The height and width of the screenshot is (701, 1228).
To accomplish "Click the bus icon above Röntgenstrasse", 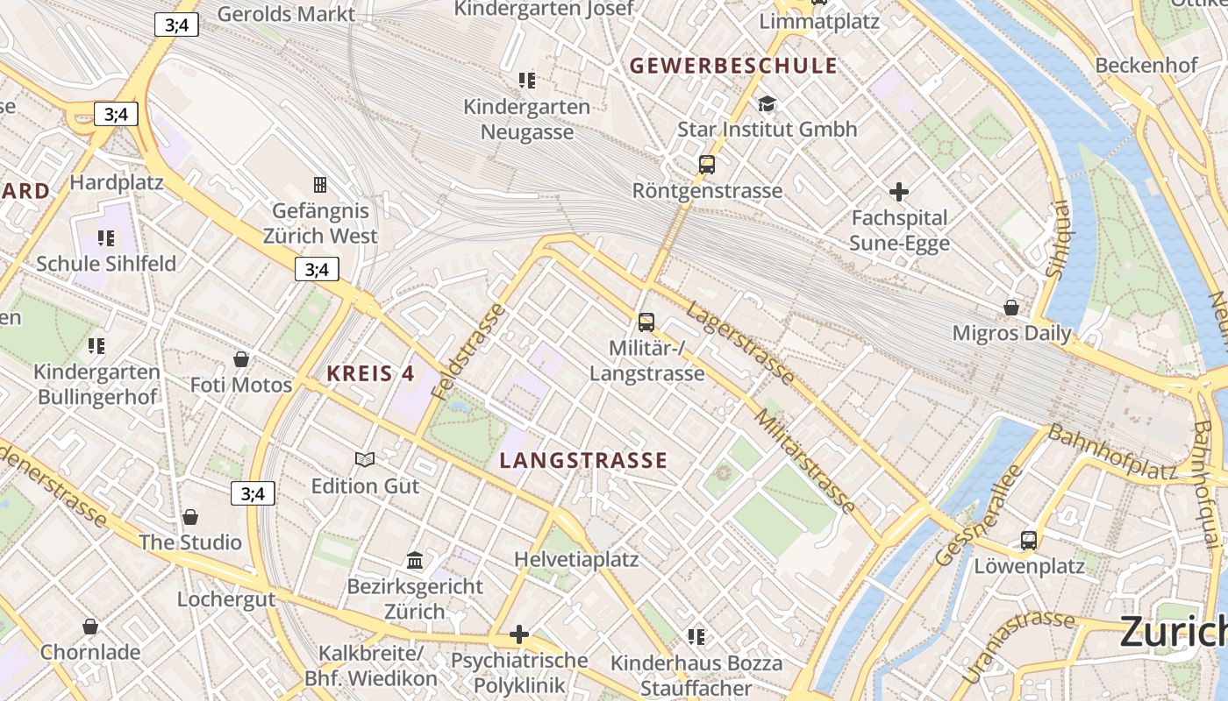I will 706,164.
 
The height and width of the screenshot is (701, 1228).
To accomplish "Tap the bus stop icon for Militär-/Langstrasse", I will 646,322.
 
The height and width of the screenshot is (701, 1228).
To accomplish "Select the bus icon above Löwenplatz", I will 1029,540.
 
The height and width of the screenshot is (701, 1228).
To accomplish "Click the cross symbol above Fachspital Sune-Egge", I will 899,192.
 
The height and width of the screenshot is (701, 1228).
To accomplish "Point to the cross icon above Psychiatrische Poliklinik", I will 519,634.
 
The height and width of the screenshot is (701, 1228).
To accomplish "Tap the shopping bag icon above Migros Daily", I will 1011,308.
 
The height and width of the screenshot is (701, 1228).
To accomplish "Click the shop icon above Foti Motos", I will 241,359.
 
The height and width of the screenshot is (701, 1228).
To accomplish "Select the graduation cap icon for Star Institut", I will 767,104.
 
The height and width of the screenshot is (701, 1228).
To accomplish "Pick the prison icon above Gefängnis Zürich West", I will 320,185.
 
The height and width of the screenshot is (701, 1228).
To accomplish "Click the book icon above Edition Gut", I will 365,459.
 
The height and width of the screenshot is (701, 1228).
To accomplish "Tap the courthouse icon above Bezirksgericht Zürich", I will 415,560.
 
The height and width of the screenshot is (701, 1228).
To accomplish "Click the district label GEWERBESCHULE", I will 733,66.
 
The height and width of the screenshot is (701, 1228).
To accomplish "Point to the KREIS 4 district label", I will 370,373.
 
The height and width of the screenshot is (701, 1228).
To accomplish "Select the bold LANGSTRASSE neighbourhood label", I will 583,460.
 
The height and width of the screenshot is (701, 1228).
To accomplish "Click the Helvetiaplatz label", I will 576,559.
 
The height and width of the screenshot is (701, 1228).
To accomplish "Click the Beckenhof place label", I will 1146,66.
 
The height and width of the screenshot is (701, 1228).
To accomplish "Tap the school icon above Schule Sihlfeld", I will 106,238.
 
